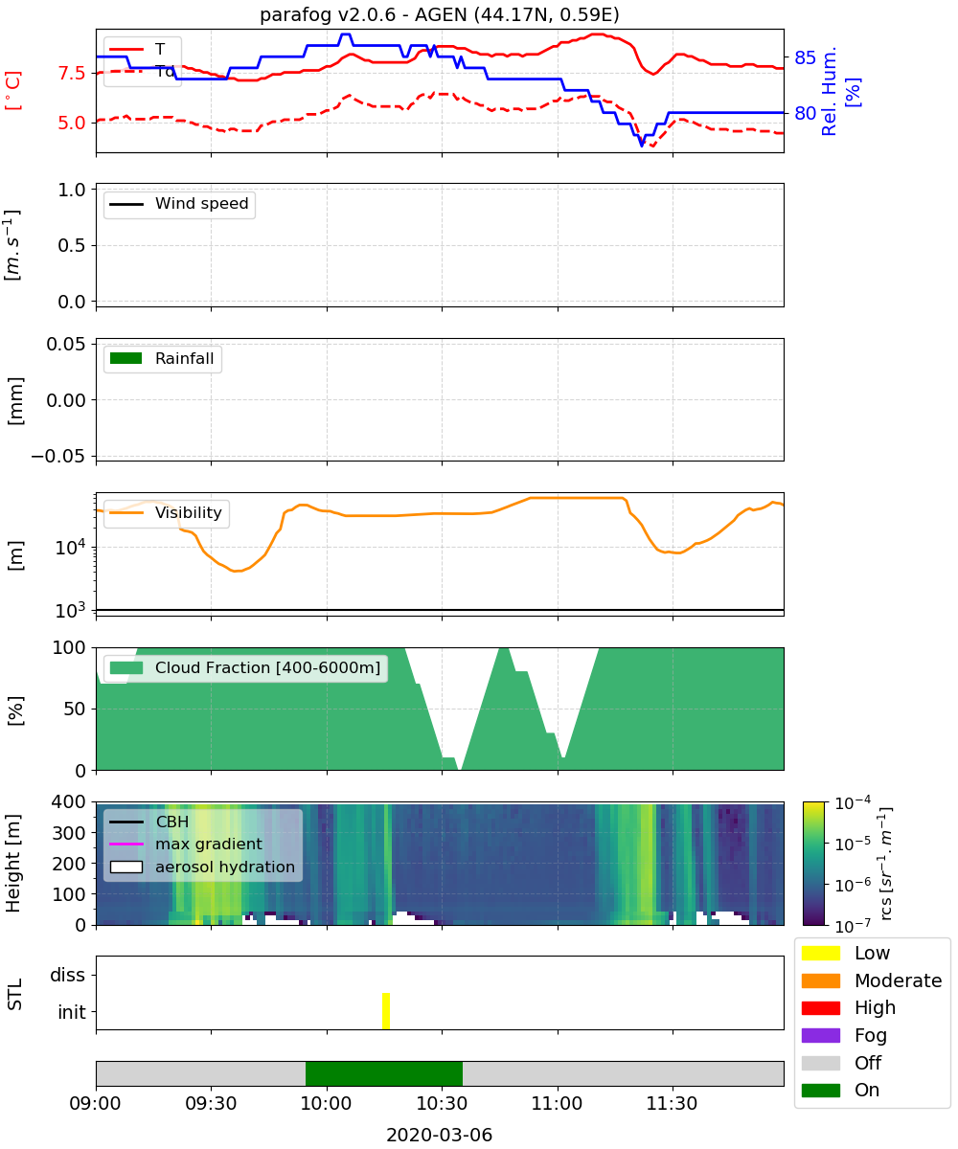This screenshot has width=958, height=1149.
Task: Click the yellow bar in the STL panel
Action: (386, 1010)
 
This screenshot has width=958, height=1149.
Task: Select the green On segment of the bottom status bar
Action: (384, 1073)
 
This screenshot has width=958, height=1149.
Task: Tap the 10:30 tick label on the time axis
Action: (442, 1103)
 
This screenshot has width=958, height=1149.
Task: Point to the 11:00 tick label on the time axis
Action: (557, 1103)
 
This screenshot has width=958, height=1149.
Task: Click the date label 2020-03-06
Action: (439, 1135)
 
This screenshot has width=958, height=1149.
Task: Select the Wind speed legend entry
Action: (179, 204)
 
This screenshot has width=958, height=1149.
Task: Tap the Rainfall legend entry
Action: (162, 358)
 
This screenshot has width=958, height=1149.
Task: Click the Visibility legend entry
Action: (166, 512)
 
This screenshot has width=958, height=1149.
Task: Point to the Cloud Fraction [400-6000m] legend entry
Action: (245, 667)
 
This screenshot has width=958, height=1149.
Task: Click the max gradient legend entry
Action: (186, 844)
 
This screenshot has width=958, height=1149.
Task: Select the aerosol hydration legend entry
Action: (202, 867)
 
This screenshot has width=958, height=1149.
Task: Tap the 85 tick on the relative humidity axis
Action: (805, 57)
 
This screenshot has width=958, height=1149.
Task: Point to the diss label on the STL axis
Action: (68, 975)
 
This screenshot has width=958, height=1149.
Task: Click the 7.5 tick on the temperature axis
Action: (72, 73)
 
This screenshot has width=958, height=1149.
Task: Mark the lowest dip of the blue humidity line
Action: (642, 146)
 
